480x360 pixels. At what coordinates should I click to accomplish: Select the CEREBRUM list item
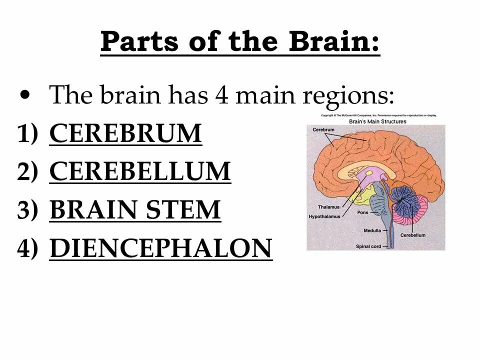[x=125, y=134]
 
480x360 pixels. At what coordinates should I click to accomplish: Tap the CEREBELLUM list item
[x=140, y=171]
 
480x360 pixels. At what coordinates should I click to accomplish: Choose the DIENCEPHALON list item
[x=161, y=248]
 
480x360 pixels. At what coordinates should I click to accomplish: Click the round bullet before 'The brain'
[x=27, y=94]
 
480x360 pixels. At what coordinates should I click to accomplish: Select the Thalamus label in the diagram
[x=329, y=207]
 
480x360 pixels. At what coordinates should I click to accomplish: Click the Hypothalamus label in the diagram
[x=324, y=216]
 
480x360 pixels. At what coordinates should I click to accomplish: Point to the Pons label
[x=363, y=212]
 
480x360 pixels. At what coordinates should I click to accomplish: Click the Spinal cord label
[x=368, y=246]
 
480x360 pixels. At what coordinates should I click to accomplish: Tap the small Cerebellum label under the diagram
[x=412, y=235]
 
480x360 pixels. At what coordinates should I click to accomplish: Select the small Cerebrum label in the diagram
[x=323, y=129]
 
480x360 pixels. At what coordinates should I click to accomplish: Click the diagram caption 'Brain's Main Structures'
[x=377, y=121]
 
